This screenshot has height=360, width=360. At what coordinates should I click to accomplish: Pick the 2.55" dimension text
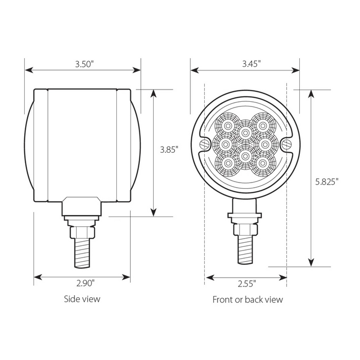245,282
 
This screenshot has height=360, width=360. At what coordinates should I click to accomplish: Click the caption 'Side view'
82,299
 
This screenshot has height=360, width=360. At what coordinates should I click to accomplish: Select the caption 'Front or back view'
247,299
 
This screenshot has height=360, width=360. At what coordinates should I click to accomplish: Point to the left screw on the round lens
205,142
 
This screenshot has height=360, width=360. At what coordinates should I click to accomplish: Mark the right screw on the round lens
285,142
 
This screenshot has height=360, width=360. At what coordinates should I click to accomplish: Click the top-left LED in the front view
226,125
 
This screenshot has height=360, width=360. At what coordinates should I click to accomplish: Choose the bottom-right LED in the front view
263,164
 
